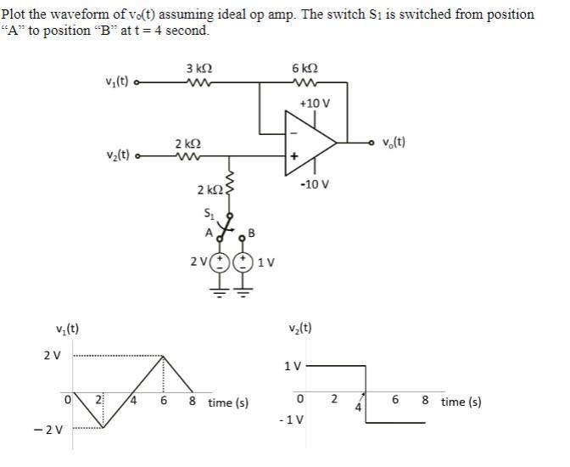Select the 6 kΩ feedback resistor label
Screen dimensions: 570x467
[x=303, y=68]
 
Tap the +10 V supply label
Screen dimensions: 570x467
[x=314, y=103]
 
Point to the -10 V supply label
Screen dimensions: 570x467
[x=315, y=183]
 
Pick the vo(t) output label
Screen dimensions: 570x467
[x=393, y=141]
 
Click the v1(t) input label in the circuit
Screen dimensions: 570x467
[x=117, y=82]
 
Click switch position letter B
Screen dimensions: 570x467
[x=251, y=233]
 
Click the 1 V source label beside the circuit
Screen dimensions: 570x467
[x=265, y=261]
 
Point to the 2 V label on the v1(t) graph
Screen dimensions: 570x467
[x=52, y=354]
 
